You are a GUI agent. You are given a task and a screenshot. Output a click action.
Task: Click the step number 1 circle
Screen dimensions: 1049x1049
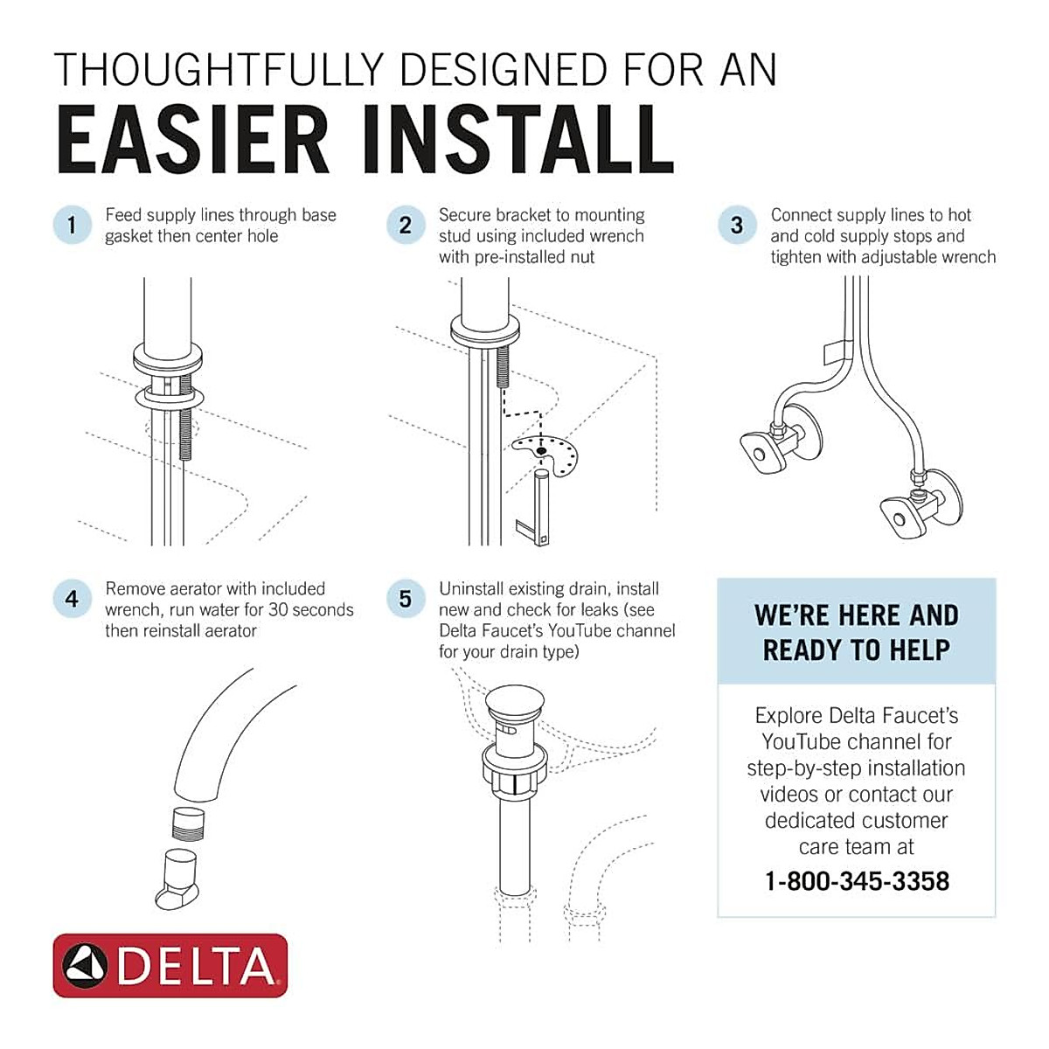[x=72, y=225]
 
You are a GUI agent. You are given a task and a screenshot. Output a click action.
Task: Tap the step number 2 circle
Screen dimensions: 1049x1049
[x=405, y=225]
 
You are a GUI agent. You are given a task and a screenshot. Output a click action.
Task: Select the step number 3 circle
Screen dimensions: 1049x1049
[x=737, y=225]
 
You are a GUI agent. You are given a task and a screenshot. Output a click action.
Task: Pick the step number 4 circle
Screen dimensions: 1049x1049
[x=72, y=599]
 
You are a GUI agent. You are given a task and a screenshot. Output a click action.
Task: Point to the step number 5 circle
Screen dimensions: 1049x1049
[x=405, y=599]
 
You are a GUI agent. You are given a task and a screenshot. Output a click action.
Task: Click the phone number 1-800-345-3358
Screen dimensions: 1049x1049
[x=856, y=880]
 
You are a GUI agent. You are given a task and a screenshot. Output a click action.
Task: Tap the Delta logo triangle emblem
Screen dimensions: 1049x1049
[x=86, y=965]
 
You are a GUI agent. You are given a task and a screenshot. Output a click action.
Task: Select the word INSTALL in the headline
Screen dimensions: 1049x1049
[x=516, y=140]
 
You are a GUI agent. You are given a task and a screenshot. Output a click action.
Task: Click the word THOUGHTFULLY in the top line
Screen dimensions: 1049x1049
[x=219, y=70]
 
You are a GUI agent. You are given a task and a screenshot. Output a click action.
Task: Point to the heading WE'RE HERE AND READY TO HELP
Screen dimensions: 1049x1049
[x=856, y=632]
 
